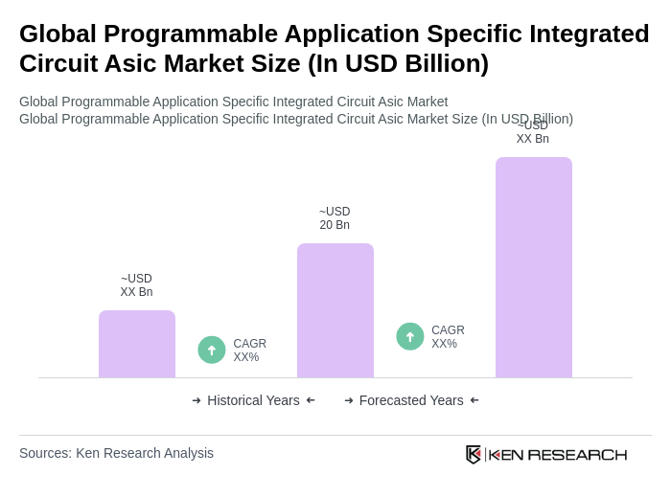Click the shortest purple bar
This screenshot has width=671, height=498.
(x=137, y=344)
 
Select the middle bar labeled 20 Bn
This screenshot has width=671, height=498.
(x=335, y=310)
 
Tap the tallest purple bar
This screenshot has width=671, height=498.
(x=534, y=267)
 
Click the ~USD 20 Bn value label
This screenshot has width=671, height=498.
(x=335, y=218)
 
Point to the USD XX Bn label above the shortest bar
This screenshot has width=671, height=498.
(x=136, y=285)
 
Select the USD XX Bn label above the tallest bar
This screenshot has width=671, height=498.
(x=533, y=133)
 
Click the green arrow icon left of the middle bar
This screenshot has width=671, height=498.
(x=212, y=350)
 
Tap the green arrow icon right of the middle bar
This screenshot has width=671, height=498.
(x=410, y=336)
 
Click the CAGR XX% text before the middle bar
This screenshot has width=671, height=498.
(x=249, y=351)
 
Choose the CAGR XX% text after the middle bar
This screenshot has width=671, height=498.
(x=448, y=337)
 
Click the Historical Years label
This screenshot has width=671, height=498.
(x=253, y=400)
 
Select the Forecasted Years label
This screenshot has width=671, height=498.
(x=411, y=400)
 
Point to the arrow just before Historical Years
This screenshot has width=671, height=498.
(x=197, y=400)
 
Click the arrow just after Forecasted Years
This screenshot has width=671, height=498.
(x=474, y=400)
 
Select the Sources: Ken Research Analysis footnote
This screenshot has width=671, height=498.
(x=116, y=453)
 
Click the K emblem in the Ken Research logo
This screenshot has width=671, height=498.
(x=474, y=454)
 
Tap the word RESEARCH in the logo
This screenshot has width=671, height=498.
(x=577, y=454)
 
